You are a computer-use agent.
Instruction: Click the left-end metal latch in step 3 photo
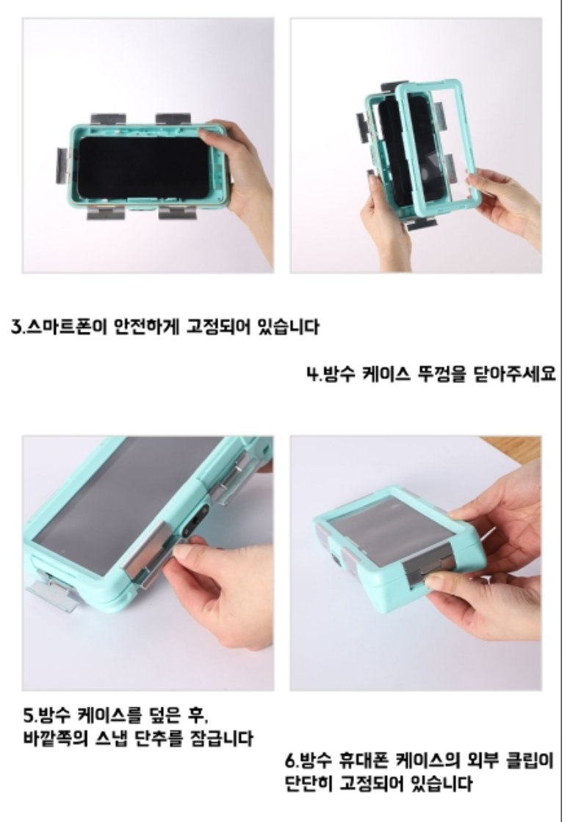[x=62, y=166]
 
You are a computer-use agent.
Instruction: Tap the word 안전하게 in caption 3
[x=147, y=327]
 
